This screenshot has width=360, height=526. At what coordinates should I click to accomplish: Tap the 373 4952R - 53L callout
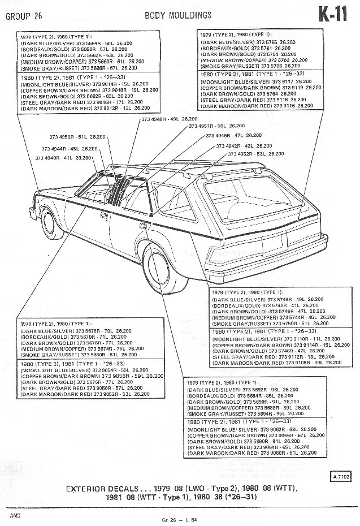point(253,154)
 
